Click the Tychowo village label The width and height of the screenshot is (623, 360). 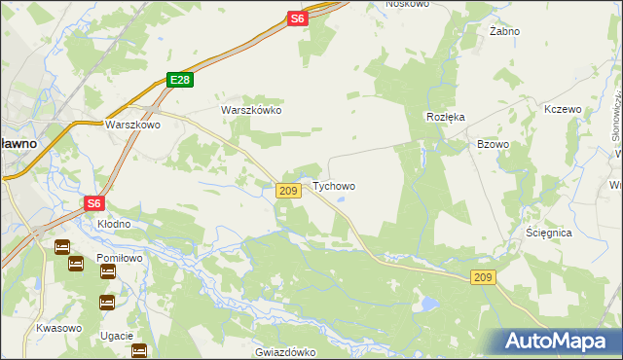[x=333, y=186]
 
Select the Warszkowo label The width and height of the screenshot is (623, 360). [x=132, y=125]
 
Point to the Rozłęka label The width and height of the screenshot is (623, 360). [x=446, y=116]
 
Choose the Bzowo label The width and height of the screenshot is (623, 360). [x=493, y=143]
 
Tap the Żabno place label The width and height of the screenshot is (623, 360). [x=504, y=31]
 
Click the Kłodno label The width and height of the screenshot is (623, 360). [x=113, y=224]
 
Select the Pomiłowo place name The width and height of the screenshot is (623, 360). [x=120, y=258]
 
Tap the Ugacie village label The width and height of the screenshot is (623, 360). [x=116, y=335]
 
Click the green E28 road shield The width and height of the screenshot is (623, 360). [x=177, y=81]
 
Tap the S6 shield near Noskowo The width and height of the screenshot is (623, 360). [x=298, y=18]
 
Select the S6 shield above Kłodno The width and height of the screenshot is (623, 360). [x=93, y=202]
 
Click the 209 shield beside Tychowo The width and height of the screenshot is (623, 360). [x=287, y=191]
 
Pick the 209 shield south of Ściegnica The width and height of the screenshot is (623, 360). [x=484, y=277]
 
